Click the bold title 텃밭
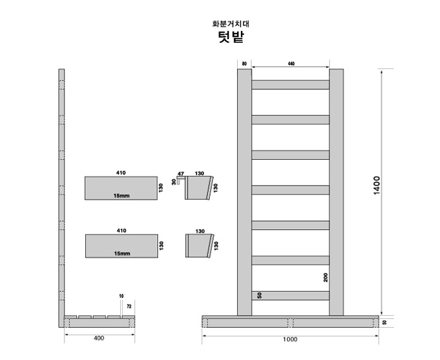231,37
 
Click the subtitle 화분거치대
231,24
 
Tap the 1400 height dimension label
377,185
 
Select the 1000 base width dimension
290,340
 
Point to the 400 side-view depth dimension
99,338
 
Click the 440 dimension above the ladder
291,64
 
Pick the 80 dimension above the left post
245,64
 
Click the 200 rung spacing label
326,277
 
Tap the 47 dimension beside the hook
181,174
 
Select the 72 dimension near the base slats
129,306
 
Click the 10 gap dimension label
121,296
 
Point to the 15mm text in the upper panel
121,196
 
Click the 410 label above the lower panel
121,231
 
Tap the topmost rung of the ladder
290,85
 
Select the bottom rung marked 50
290,296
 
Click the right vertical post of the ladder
336,192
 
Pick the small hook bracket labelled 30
180,180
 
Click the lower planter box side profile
200,246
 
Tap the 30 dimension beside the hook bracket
174,182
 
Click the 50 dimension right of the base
384,322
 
